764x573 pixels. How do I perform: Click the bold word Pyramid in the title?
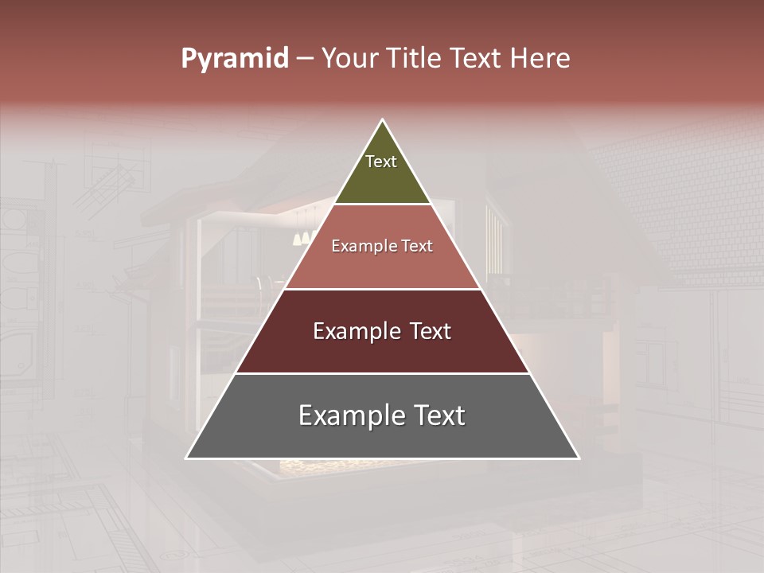(x=235, y=59)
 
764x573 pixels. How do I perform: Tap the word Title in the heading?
(x=415, y=59)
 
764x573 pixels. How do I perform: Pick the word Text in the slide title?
(x=477, y=59)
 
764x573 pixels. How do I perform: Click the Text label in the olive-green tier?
(x=381, y=162)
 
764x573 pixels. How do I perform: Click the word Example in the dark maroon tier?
(x=353, y=331)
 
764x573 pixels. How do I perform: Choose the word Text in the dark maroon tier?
(x=428, y=331)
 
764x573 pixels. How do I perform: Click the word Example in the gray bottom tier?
(x=345, y=415)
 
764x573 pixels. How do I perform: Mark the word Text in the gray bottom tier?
(x=438, y=415)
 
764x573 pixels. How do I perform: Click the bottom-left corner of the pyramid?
(x=187, y=458)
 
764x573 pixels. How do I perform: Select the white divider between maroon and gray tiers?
(x=382, y=373)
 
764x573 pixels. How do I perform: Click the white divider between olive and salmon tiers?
(x=382, y=204)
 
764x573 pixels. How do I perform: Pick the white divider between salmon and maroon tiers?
(x=382, y=289)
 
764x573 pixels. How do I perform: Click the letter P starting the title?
(x=189, y=59)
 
